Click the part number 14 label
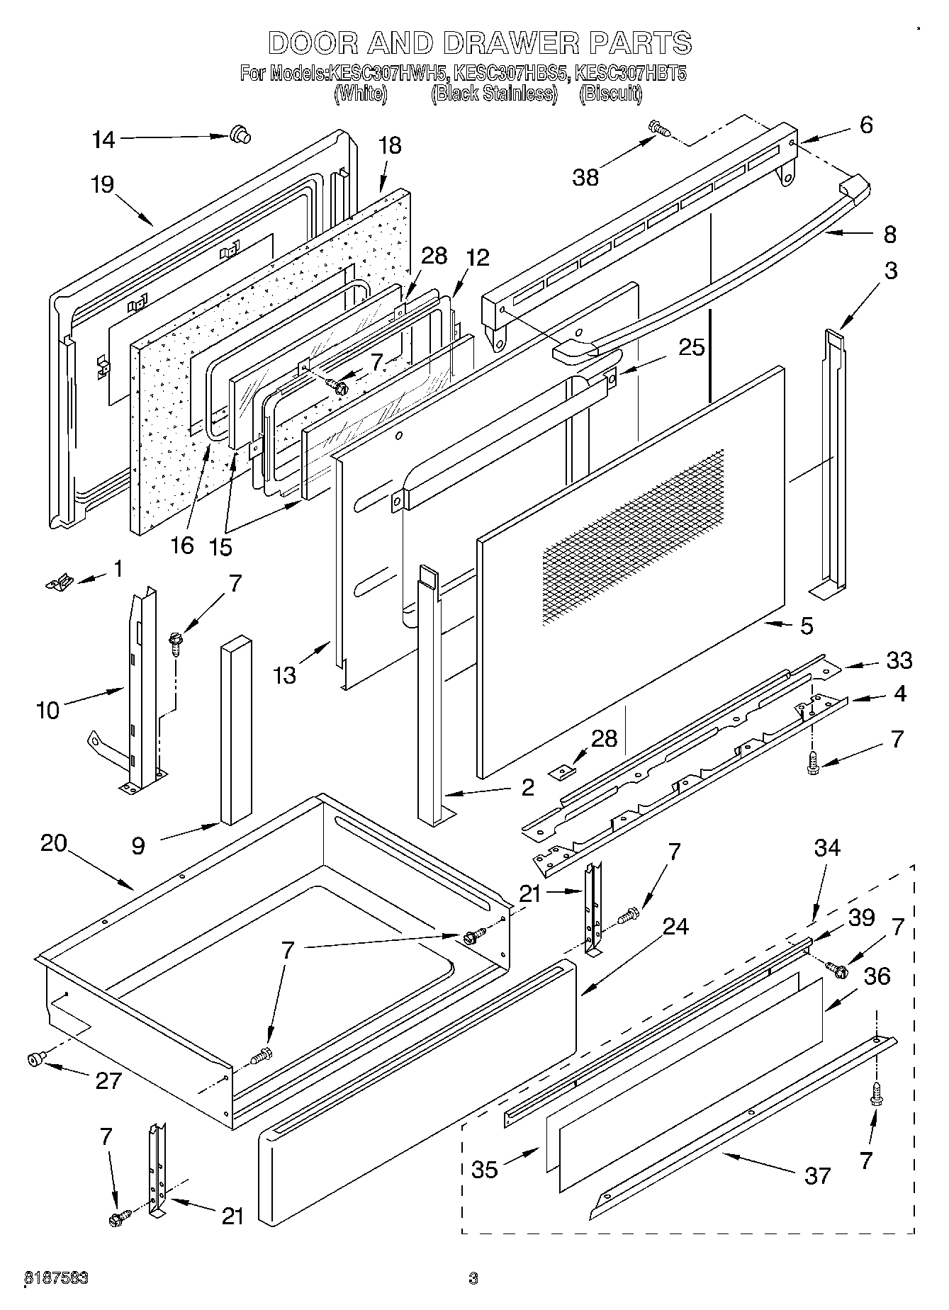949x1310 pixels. [x=103, y=140]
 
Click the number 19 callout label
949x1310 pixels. [x=102, y=185]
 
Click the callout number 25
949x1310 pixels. [x=692, y=347]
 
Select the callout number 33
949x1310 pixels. [x=899, y=660]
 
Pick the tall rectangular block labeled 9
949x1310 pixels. [x=236, y=730]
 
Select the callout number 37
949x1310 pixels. [x=817, y=1175]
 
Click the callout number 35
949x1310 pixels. [x=485, y=1170]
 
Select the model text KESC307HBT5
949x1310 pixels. [x=631, y=73]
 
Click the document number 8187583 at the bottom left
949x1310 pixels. [x=56, y=1278]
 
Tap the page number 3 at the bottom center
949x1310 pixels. [x=473, y=1278]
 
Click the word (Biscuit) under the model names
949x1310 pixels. [x=610, y=94]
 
